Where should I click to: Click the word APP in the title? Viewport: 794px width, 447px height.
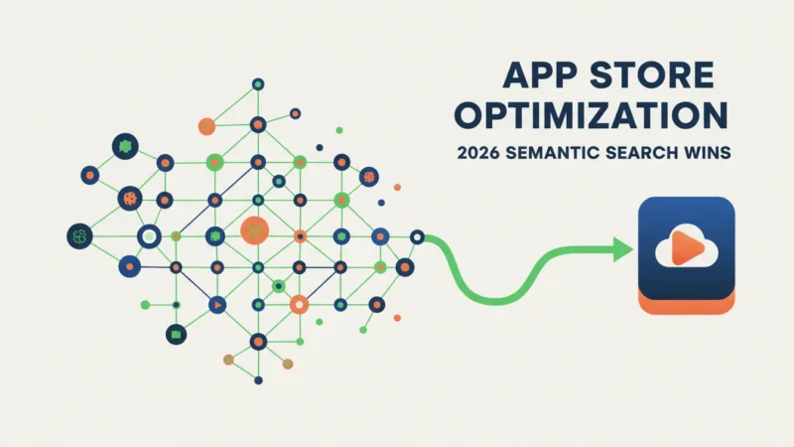coord(539,75)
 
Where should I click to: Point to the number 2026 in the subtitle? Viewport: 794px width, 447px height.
coord(478,153)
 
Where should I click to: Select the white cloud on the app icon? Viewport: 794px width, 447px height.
coord(686,246)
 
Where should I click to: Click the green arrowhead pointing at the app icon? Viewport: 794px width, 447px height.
coord(623,249)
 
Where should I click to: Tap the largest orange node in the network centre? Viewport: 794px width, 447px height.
coord(255,230)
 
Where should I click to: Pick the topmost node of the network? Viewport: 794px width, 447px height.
coord(258,84)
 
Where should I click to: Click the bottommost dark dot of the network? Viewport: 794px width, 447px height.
coord(258,380)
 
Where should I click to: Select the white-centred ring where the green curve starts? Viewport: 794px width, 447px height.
coord(417,236)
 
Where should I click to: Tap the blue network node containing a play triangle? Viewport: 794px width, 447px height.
coord(217,305)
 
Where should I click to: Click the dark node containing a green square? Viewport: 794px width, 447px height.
coord(177,335)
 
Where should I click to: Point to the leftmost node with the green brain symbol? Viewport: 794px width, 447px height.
coord(80,236)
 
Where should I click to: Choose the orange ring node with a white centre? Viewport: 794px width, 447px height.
coord(300,305)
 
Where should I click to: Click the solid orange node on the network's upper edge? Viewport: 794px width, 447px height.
coord(206,126)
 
